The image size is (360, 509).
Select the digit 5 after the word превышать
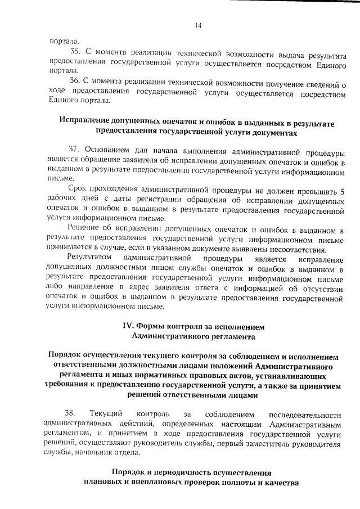point(343,191)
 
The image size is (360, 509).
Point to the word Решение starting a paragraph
point(83,228)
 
